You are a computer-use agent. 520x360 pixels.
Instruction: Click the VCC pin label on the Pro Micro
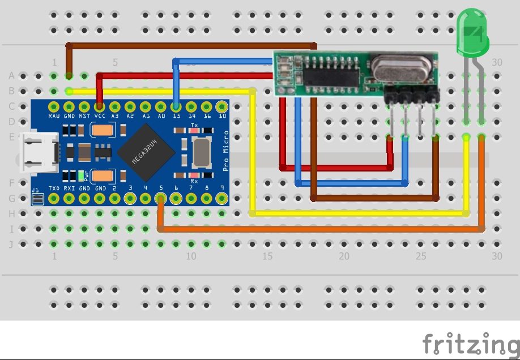point(100,115)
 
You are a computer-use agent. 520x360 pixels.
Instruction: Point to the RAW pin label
point(54,115)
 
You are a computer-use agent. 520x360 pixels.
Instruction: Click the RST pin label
point(84,115)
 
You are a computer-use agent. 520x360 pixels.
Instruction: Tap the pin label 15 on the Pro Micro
point(176,115)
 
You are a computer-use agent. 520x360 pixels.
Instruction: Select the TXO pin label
point(54,188)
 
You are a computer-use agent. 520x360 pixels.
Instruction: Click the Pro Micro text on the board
point(226,151)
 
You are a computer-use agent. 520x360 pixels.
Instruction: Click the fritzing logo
point(470,344)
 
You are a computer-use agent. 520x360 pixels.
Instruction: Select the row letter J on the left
point(11,245)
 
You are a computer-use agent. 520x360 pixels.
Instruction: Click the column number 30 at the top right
point(497,62)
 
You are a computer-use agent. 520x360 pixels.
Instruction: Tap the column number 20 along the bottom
point(344,256)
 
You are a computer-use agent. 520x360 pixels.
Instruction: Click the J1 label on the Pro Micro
point(36,190)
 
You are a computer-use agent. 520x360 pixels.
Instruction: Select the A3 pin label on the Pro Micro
point(115,115)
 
